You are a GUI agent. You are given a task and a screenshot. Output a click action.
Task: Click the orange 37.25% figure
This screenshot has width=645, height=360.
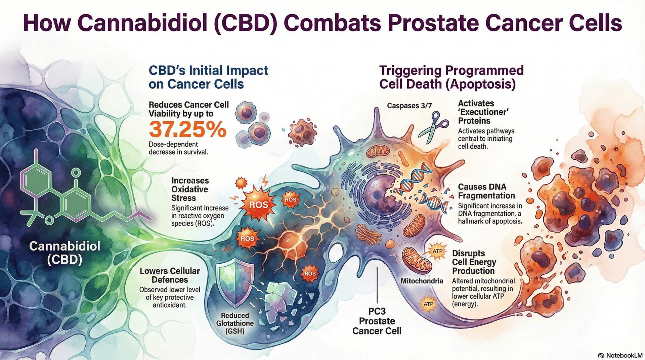(187, 129)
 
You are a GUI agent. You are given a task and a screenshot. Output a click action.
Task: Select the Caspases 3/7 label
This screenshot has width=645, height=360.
(409, 106)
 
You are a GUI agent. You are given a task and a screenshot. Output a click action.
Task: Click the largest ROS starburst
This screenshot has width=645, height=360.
(258, 204)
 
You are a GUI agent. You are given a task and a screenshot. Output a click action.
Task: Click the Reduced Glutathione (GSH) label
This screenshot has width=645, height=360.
(235, 323)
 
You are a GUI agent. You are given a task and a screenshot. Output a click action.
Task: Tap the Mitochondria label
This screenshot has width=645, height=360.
(422, 281)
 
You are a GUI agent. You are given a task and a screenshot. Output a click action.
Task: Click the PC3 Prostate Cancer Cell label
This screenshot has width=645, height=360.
(377, 321)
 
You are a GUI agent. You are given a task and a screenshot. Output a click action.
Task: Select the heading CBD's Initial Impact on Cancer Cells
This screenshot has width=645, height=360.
(208, 77)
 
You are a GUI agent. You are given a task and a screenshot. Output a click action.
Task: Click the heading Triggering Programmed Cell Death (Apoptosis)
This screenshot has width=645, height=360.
(451, 77)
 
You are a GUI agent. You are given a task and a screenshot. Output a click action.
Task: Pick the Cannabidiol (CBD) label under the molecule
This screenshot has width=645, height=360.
(64, 253)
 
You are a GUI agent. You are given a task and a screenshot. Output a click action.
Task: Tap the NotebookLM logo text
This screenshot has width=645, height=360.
(620, 355)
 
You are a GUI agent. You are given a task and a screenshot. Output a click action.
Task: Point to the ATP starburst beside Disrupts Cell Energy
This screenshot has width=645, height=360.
(437, 252)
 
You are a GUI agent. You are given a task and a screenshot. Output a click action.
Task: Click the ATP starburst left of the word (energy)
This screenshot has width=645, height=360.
(428, 304)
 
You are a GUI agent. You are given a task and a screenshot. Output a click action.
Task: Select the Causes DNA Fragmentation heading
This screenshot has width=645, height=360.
(486, 191)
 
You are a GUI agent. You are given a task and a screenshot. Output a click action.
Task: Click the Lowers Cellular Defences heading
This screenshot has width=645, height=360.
(170, 275)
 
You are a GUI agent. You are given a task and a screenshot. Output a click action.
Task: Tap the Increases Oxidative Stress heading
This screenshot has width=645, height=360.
(190, 189)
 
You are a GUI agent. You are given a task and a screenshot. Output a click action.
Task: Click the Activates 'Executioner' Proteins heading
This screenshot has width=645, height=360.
(484, 112)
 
